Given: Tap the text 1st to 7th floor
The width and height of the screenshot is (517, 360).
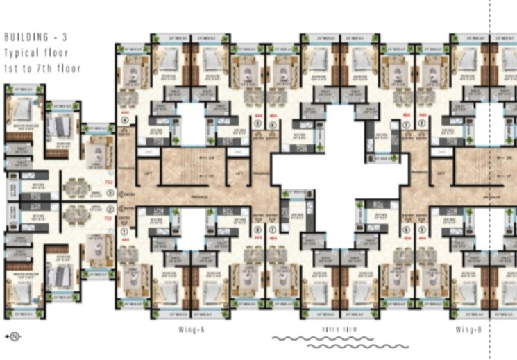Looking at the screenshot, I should (x=42, y=68).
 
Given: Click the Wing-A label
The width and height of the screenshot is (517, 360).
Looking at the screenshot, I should (x=181, y=329).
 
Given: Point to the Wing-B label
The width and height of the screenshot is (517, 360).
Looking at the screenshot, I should (x=469, y=329).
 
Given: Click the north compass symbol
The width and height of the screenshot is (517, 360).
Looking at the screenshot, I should (x=13, y=337).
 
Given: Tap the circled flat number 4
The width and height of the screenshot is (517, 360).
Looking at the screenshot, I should (x=125, y=120).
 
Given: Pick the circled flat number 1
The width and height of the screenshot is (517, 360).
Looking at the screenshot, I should (x=125, y=231).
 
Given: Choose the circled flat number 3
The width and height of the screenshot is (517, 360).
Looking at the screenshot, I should (x=110, y=192).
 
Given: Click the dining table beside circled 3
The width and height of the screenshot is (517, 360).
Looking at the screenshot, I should (x=73, y=187).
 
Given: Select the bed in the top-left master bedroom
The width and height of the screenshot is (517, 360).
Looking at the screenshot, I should (x=23, y=110).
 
